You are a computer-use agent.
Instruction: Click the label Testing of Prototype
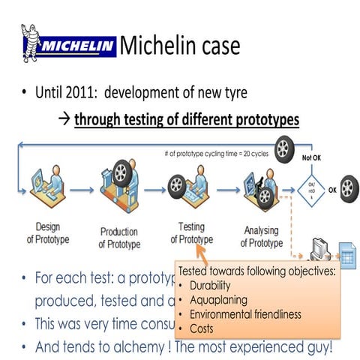click(x=191, y=232)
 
